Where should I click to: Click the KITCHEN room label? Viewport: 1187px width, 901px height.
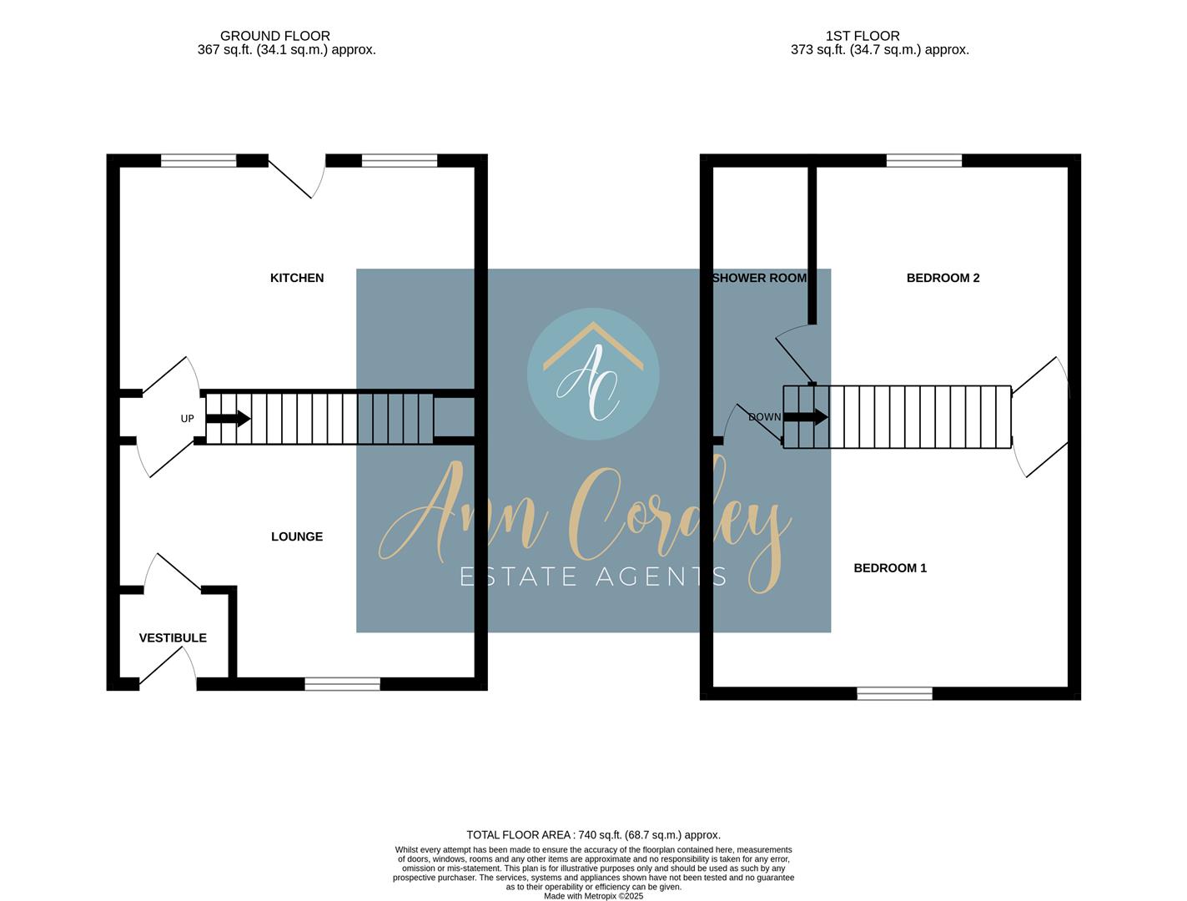coord(297,278)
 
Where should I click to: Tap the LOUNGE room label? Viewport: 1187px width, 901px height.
coord(297,536)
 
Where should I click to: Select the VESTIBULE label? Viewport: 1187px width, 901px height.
coord(173,638)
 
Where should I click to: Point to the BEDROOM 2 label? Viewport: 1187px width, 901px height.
coord(943,278)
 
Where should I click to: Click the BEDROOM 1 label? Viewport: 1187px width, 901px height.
coord(890,568)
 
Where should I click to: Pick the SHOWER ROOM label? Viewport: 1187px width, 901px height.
coord(759,278)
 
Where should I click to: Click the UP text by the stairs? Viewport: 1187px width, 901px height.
coord(187,419)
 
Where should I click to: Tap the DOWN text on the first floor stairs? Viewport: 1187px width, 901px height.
coord(764,417)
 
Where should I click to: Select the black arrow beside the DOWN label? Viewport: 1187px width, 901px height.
coord(807,416)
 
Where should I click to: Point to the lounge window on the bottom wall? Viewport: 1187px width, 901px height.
coord(342,685)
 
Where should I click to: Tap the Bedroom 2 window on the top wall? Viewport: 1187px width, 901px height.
coord(923,161)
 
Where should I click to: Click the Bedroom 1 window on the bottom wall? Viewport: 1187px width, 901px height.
coord(894,693)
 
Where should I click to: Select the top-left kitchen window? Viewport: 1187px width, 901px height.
coord(199,161)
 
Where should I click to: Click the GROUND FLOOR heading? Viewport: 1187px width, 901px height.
coord(274,36)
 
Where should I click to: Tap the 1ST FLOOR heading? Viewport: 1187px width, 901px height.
coord(863,36)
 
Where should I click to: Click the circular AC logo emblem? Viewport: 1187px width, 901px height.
coord(593,374)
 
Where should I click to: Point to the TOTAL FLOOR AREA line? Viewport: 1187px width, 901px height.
coord(593,835)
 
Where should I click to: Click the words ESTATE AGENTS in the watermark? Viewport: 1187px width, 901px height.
coord(593,576)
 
